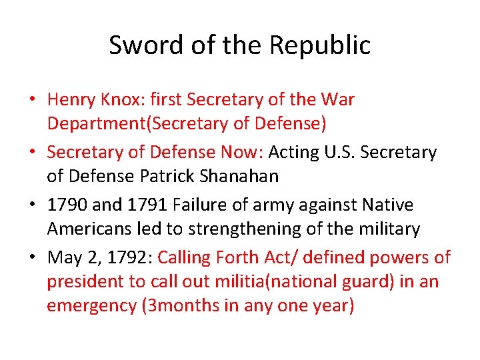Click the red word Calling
pos(183,257)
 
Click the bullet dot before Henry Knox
pos(32,101)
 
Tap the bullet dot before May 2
pos(32,258)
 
